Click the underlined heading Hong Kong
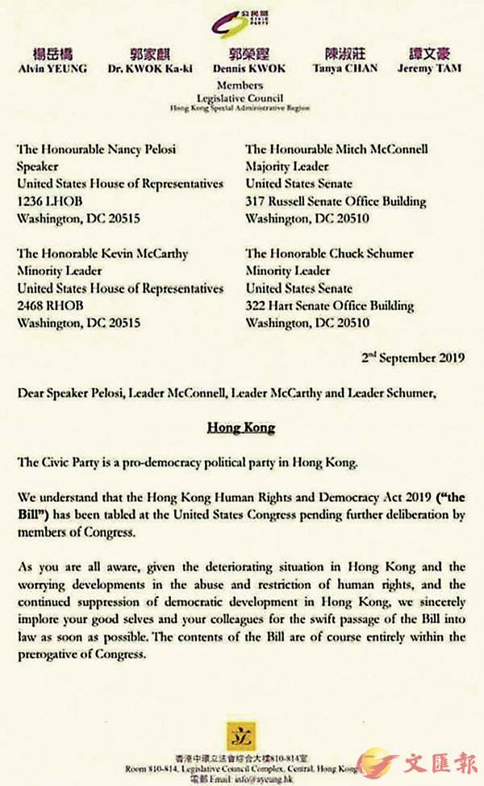coord(241,428)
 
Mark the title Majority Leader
coord(288,166)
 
